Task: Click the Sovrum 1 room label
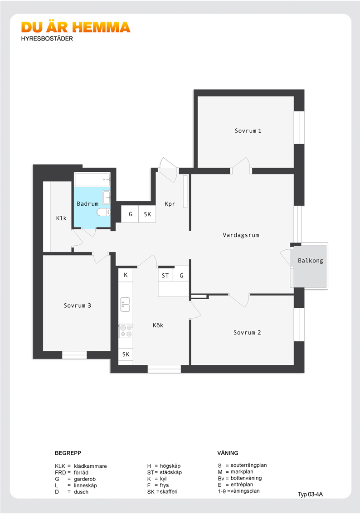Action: coord(248,131)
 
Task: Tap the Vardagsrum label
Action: coord(241,235)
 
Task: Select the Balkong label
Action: coord(311,261)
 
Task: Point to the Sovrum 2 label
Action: coord(247,332)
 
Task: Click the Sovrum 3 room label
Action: coord(78,305)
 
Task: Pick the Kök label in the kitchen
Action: coord(158,325)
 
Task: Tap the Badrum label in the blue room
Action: coord(88,204)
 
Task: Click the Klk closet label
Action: coord(61,218)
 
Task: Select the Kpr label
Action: coord(170,204)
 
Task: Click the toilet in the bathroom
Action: coord(104,212)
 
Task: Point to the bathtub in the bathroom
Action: coord(92,179)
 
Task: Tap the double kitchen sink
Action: coord(125,304)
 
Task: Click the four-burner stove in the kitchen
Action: coord(126,331)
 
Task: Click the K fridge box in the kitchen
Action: coord(126,275)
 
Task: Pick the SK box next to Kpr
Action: coord(147,214)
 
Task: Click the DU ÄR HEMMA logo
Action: coord(76,28)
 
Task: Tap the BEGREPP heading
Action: coord(68,453)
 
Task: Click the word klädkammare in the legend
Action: coord(90,466)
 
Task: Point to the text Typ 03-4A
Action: coord(310,495)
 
